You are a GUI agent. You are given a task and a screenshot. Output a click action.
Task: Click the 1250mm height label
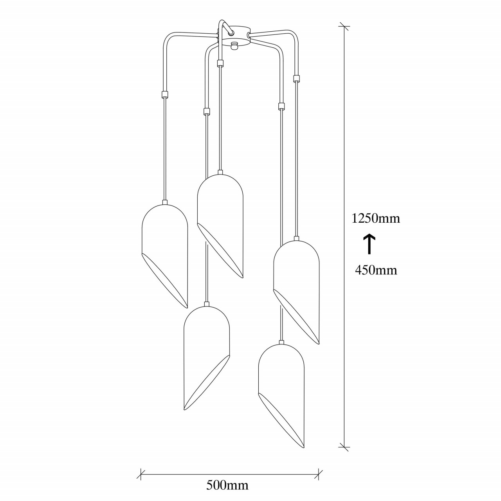pyautogui.click(x=375, y=219)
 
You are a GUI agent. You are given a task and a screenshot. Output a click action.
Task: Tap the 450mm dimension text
pyautogui.click(x=376, y=270)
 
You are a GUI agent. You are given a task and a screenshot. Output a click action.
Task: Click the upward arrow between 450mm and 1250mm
pyautogui.click(x=369, y=244)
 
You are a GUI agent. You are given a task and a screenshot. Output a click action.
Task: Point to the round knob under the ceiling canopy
pyautogui.click(x=234, y=45)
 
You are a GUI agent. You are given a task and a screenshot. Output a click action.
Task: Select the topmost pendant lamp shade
pyautogui.click(x=220, y=223)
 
